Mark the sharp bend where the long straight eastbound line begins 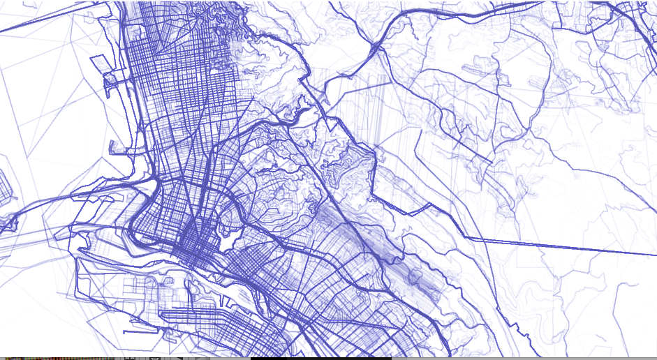point(466,237)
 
